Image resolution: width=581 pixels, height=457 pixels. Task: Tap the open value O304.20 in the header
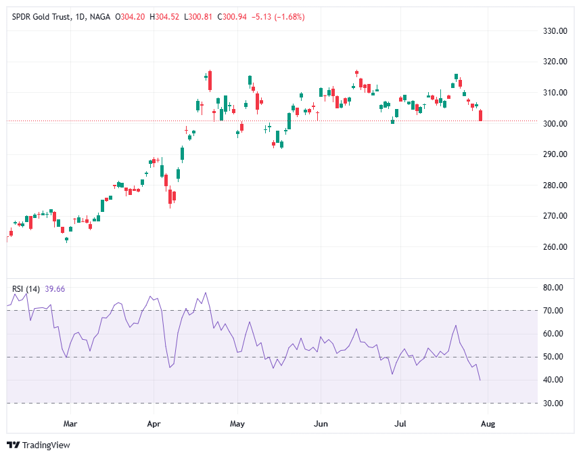click(x=133, y=17)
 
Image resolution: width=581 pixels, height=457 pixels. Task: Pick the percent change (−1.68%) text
click(x=287, y=17)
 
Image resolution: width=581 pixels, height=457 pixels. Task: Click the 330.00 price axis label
click(x=554, y=31)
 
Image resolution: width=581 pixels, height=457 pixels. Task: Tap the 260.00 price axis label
click(x=554, y=247)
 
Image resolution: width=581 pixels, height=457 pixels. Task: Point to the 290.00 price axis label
click(x=554, y=154)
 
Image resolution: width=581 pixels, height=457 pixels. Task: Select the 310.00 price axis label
click(x=554, y=93)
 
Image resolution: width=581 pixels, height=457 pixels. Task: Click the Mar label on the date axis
click(x=70, y=425)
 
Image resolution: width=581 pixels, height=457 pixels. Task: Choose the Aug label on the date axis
click(x=488, y=425)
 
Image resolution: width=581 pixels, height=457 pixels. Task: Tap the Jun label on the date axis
click(x=321, y=425)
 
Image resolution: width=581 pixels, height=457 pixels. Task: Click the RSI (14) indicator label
click(x=26, y=289)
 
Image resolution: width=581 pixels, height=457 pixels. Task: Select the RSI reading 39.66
click(x=54, y=289)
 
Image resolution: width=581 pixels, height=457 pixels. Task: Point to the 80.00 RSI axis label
click(x=553, y=288)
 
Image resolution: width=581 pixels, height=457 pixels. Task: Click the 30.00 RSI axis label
click(x=553, y=404)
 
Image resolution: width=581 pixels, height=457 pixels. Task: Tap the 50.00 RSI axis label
click(x=553, y=357)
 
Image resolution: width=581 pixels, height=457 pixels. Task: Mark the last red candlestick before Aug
click(x=480, y=116)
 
